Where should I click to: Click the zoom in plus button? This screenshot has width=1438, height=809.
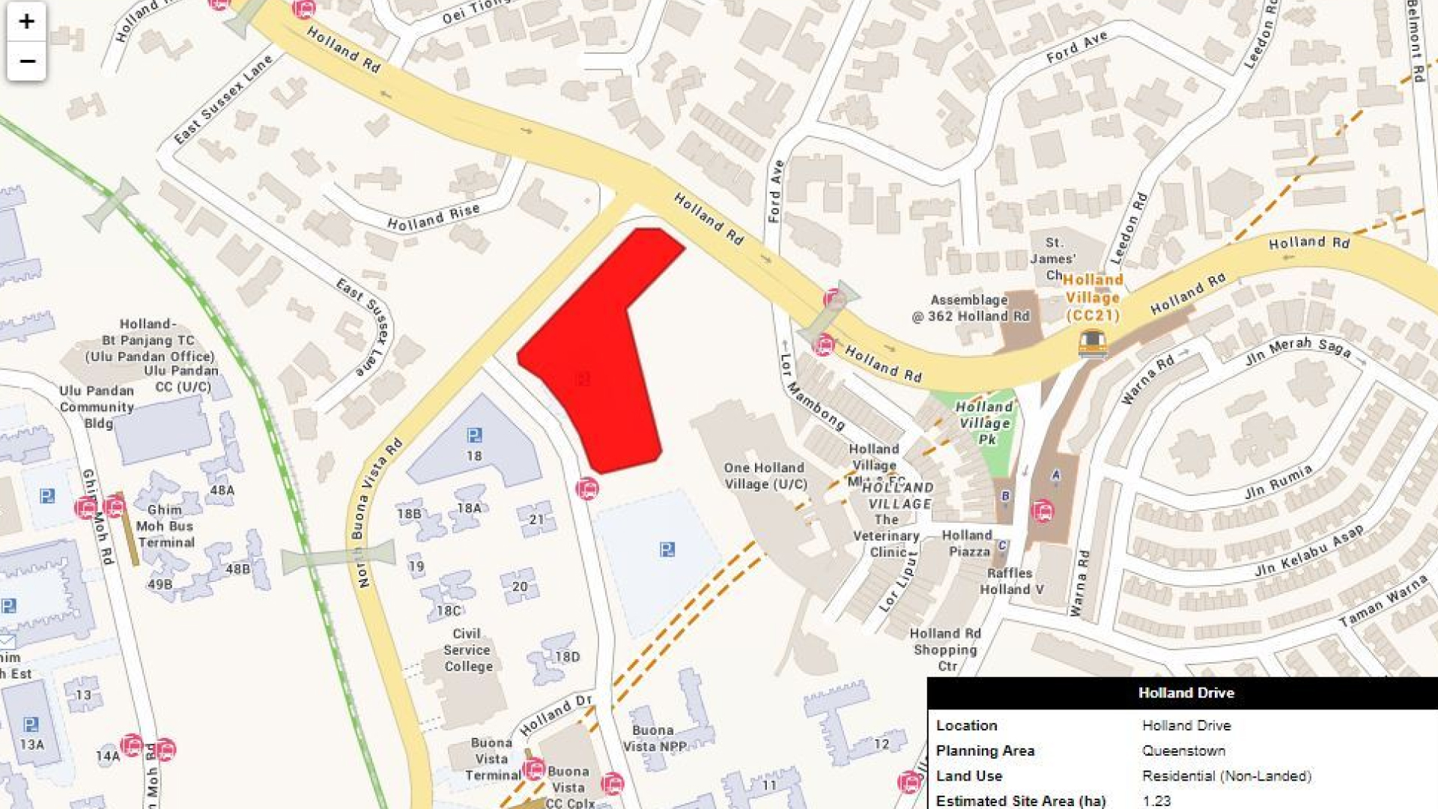[26, 21]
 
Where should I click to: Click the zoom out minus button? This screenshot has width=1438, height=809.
[26, 61]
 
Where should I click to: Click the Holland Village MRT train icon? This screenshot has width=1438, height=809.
[1093, 344]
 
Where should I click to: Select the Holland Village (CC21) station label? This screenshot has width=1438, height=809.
[1093, 297]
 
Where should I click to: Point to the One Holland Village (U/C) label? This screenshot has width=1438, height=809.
[765, 476]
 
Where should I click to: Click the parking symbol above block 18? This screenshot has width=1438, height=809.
[474, 435]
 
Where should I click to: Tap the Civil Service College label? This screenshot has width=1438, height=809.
[467, 649]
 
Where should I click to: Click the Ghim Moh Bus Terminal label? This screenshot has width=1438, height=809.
[166, 526]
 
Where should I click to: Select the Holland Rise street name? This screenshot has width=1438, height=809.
[433, 217]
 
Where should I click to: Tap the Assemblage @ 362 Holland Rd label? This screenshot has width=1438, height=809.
[970, 308]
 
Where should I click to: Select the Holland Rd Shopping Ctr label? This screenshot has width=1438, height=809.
[946, 649]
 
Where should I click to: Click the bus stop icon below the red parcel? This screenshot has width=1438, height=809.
[588, 489]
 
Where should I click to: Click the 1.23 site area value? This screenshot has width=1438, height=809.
[1156, 801]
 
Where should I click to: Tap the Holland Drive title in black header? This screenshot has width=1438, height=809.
[1186, 693]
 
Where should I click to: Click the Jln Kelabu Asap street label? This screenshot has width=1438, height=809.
[1308, 551]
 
